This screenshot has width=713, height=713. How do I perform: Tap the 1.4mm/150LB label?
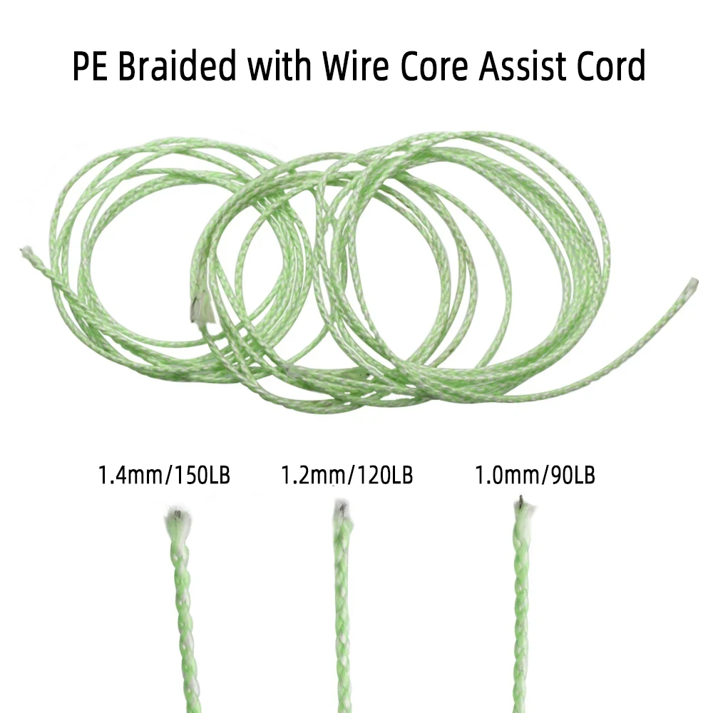[165, 476]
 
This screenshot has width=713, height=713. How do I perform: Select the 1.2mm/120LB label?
[347, 475]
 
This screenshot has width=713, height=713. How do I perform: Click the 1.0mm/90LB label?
[535, 475]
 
